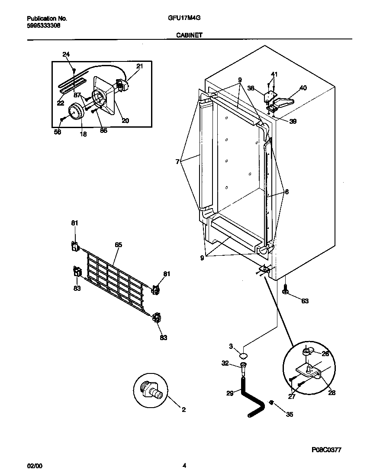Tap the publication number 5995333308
(x=44, y=26)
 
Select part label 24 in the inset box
(x=66, y=55)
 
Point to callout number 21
(x=139, y=66)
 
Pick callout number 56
(x=58, y=132)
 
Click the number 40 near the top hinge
(x=303, y=88)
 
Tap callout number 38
(x=250, y=88)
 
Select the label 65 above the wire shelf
(x=118, y=245)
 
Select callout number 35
(x=290, y=414)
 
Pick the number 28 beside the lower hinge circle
(x=332, y=393)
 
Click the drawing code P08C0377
(x=326, y=450)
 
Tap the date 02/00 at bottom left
(x=35, y=466)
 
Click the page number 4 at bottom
(x=184, y=466)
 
